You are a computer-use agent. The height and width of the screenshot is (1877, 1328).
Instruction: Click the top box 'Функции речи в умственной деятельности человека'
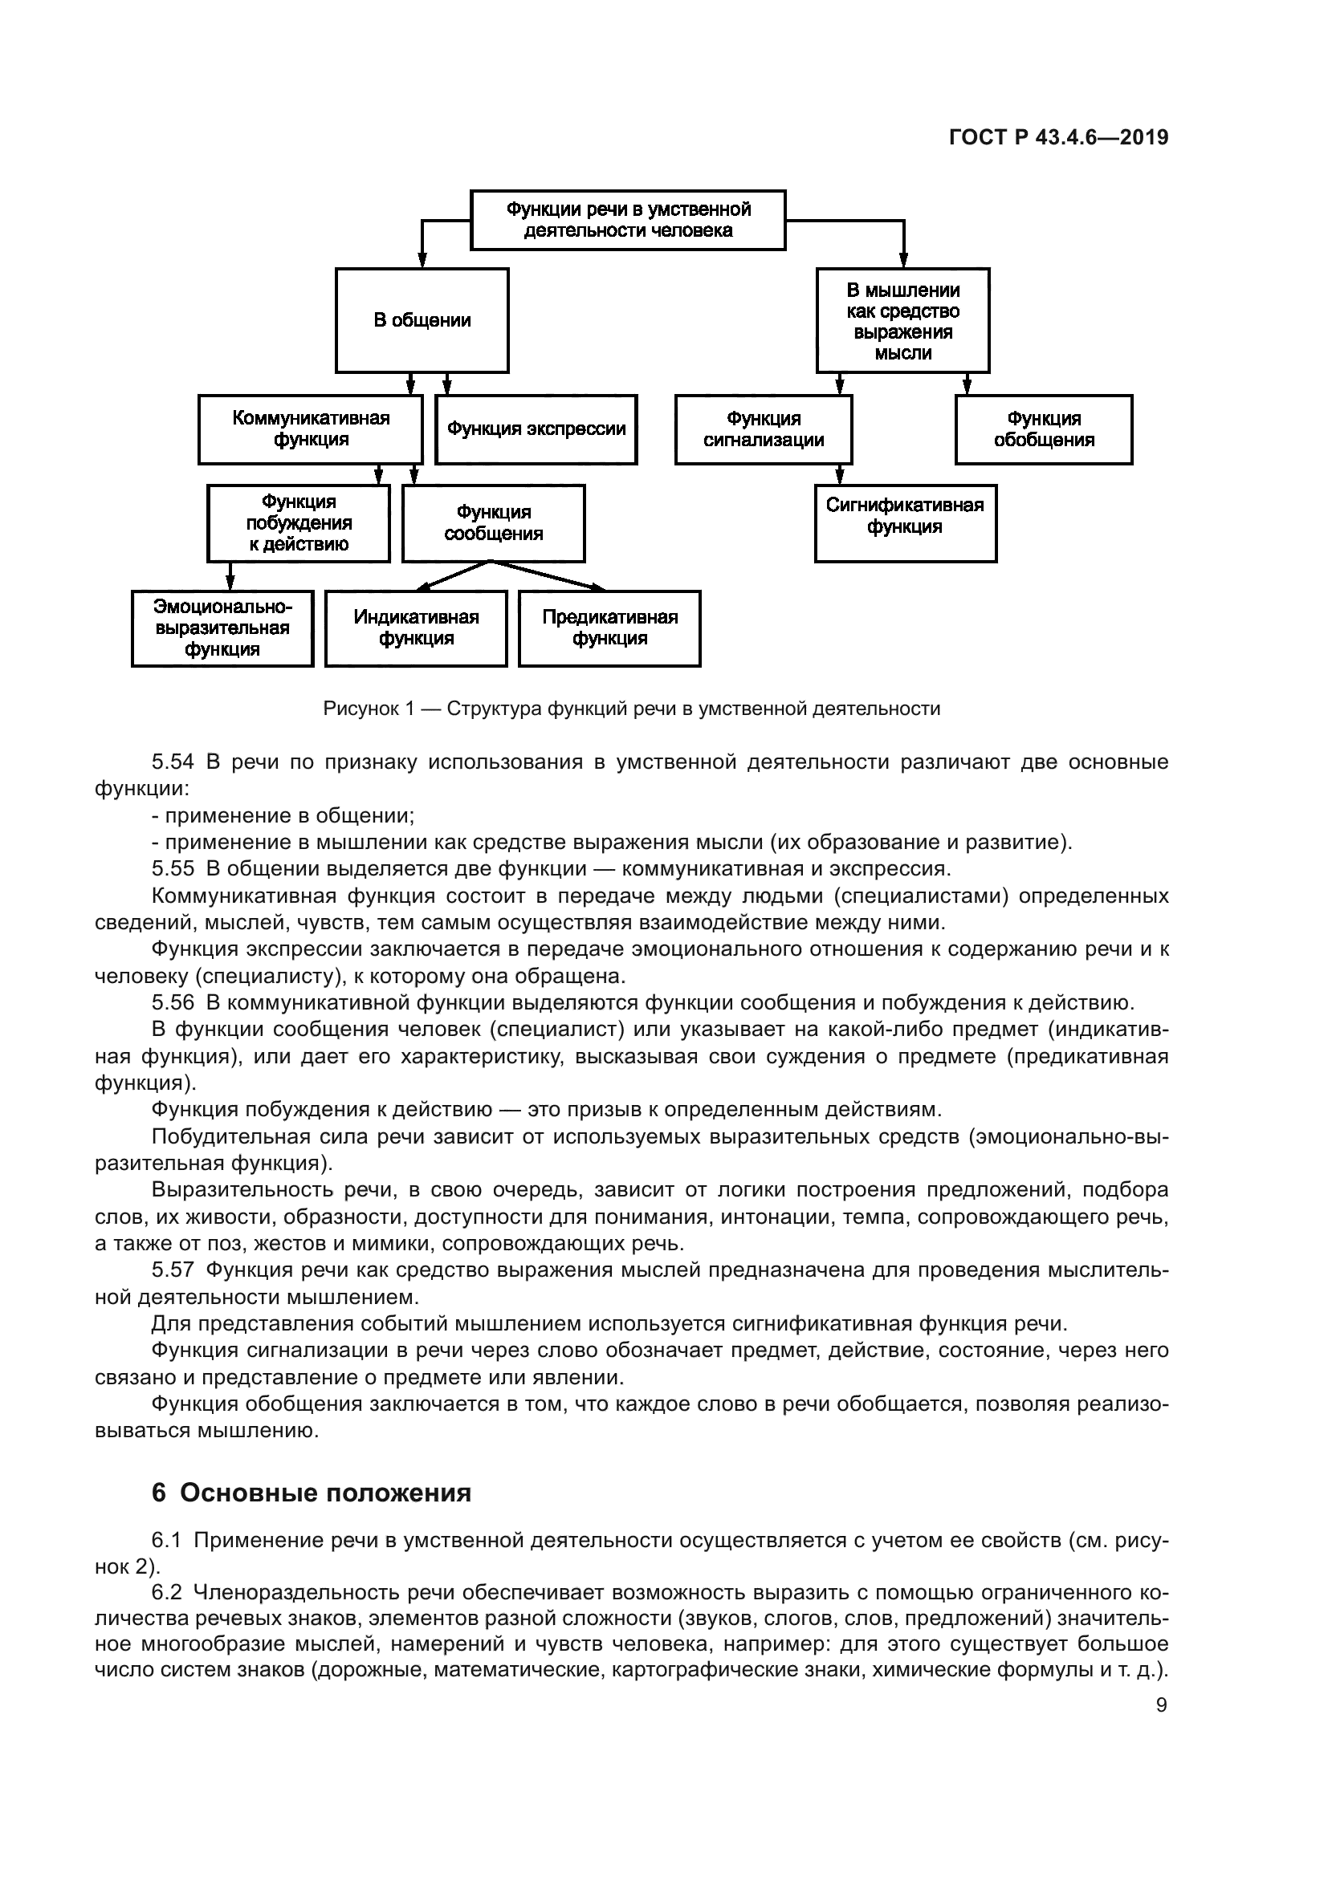tap(627, 220)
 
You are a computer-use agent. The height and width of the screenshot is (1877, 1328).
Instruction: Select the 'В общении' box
tap(422, 320)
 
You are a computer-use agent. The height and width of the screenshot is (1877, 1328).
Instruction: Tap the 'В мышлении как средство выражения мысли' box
tap(902, 320)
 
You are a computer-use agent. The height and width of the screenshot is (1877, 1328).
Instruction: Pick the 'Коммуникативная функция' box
tap(311, 429)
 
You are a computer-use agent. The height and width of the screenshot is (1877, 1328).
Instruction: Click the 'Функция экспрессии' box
tap(536, 429)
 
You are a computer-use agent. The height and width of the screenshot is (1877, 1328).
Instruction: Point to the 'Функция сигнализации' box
tap(764, 429)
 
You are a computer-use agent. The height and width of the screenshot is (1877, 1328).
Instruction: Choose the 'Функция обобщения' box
tap(1044, 429)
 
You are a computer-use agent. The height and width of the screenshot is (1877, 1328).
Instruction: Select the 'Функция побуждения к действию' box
tap(299, 523)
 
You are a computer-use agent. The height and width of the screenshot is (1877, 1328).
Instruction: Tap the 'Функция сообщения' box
tap(493, 523)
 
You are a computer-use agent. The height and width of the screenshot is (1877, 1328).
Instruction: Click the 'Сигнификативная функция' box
tap(905, 523)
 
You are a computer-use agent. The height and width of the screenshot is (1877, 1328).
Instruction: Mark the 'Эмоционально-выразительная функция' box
tap(222, 628)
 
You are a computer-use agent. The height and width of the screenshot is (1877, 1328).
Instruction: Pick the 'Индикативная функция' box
tap(416, 628)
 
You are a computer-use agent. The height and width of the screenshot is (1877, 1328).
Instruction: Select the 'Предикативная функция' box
tap(609, 628)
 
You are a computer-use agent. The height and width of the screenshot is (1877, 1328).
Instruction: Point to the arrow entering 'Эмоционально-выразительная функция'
tap(230, 576)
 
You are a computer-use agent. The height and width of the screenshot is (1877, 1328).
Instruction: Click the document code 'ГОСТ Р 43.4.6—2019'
tap(1058, 137)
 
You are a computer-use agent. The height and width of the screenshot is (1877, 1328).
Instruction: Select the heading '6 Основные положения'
tap(312, 1493)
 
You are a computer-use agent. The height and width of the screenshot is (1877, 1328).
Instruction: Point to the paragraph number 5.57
tap(173, 1270)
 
